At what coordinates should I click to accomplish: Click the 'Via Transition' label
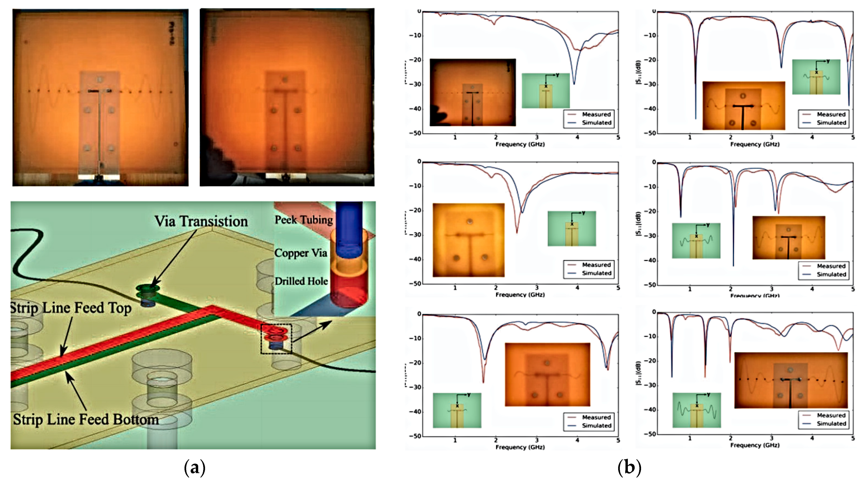pyautogui.click(x=201, y=221)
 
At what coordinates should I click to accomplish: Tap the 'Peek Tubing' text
pyautogui.click(x=303, y=220)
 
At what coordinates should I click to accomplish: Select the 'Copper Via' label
pyautogui.click(x=300, y=253)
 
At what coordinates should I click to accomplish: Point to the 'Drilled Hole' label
pyautogui.click(x=301, y=281)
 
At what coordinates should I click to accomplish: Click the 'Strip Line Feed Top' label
pyautogui.click(x=70, y=308)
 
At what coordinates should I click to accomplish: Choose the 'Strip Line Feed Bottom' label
pyautogui.click(x=86, y=420)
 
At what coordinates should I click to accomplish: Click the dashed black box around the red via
pyautogui.click(x=276, y=339)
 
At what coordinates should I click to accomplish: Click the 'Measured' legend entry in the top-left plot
pyautogui.click(x=596, y=114)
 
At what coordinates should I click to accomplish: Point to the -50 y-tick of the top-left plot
pyautogui.click(x=415, y=133)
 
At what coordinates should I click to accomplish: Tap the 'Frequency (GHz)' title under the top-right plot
pyautogui.click(x=755, y=144)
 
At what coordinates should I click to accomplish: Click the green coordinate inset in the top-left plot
pyautogui.click(x=546, y=91)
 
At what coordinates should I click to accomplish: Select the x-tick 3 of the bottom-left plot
pyautogui.click(x=537, y=440)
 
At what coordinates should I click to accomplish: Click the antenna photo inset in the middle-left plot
pyautogui.click(x=468, y=240)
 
